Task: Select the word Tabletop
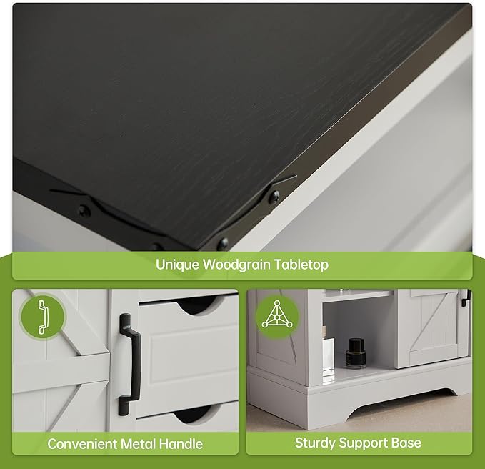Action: click(301, 265)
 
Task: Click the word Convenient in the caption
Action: click(82, 444)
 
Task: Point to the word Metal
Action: click(138, 444)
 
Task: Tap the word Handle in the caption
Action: click(181, 444)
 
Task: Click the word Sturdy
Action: click(315, 443)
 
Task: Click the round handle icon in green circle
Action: click(42, 317)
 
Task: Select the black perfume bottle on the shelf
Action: click(355, 353)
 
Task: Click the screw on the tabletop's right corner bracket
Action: click(274, 197)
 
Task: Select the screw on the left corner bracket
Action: click(84, 212)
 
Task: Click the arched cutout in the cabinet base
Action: click(402, 401)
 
